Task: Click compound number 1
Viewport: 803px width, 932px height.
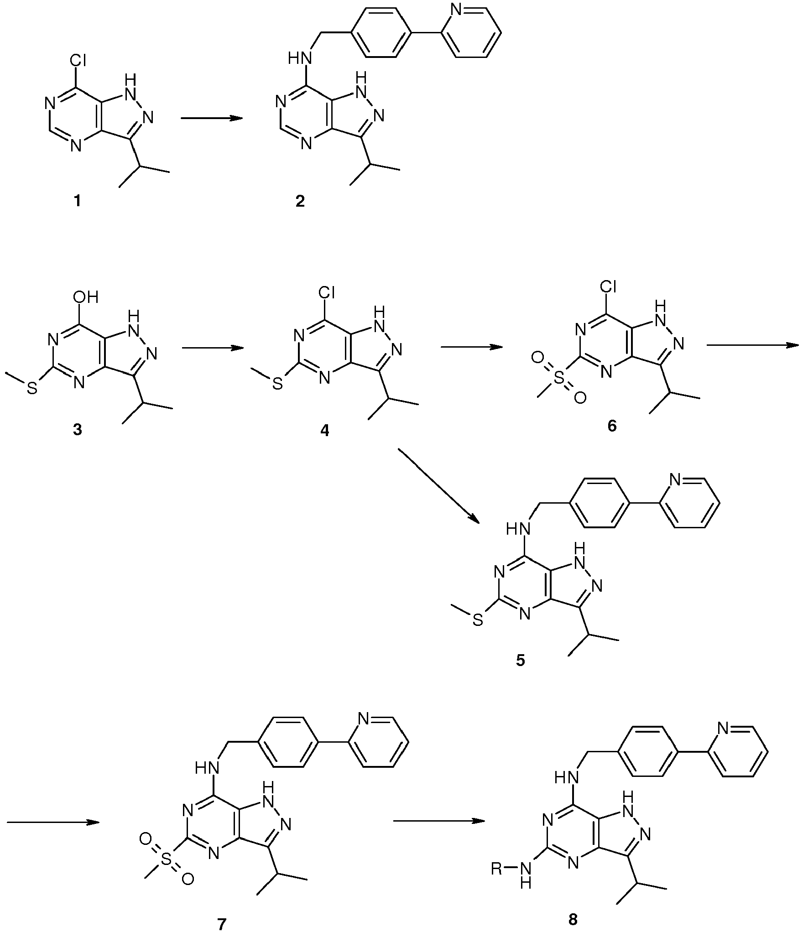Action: coord(77,201)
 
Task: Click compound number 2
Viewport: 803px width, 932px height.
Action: coord(300,201)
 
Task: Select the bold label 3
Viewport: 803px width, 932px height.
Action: coord(77,429)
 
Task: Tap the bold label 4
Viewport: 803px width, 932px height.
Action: coord(324,429)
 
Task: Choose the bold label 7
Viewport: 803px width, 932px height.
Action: coord(222,924)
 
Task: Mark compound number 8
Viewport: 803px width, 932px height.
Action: coord(573,920)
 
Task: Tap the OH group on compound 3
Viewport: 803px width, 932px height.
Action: coord(85,297)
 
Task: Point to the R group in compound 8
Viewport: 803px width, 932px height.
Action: coord(497,868)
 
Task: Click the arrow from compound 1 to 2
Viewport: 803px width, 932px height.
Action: coord(211,119)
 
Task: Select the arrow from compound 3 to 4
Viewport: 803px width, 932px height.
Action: coord(212,348)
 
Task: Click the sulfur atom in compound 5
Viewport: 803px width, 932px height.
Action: coord(478,621)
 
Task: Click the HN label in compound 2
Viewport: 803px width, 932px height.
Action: coord(300,59)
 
